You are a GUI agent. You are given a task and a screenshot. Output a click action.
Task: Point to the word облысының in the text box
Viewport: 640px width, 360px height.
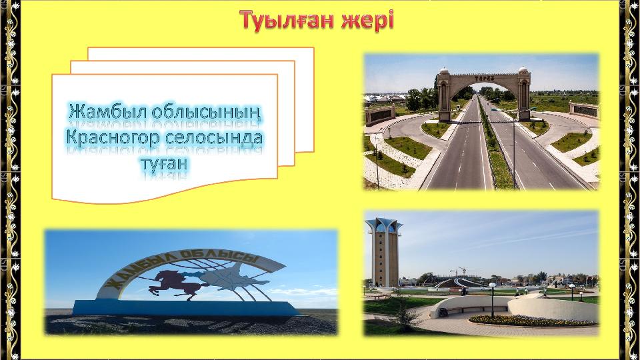tap(208, 112)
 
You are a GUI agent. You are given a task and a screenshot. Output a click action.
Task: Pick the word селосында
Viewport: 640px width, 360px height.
tap(213, 138)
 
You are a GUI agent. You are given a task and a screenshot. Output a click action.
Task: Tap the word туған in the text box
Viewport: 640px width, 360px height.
tap(164, 164)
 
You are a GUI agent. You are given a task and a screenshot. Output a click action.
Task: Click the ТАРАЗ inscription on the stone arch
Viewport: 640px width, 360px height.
tap(485, 78)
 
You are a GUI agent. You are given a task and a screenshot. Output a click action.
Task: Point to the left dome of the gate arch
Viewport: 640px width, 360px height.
tap(443, 70)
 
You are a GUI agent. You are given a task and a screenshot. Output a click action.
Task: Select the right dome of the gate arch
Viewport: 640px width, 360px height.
tap(523, 69)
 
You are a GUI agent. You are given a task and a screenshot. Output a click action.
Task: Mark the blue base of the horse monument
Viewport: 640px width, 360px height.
tap(186, 308)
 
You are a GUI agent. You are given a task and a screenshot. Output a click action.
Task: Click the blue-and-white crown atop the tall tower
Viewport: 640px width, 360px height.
tap(384, 226)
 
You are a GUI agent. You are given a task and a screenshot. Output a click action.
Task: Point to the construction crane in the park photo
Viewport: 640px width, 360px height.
tap(461, 271)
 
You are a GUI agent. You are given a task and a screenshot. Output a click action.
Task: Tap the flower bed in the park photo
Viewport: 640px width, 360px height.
tap(532, 321)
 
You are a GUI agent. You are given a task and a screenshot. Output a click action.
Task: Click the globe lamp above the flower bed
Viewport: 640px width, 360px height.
tap(492, 285)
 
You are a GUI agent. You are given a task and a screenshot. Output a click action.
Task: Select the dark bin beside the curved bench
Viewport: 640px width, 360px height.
tap(443, 312)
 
